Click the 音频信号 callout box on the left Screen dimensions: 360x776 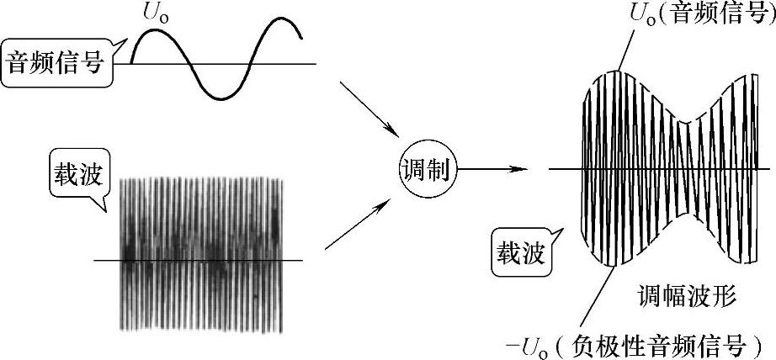pyautogui.click(x=58, y=63)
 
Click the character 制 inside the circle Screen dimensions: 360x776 pyautogui.click(x=438, y=172)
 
